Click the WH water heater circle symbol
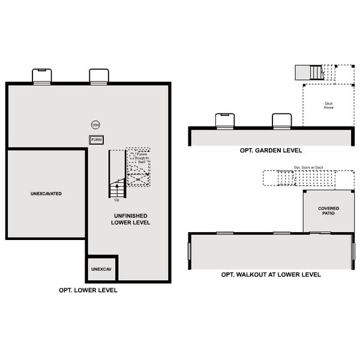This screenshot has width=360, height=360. click(95, 125)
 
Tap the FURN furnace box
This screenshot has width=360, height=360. click(97, 140)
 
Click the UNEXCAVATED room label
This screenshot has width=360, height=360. click(46, 194)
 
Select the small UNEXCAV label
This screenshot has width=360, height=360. click(101, 269)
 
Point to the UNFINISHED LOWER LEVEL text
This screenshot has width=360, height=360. click(130, 218)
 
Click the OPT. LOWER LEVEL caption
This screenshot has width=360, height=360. click(88, 290)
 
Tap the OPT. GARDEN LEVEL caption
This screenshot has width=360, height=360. click(270, 151)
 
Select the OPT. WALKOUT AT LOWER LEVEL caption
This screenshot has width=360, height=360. click(271, 274)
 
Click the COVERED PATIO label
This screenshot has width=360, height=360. click(328, 211)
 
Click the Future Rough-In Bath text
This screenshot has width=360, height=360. click(142, 158)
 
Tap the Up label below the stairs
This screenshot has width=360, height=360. click(117, 200)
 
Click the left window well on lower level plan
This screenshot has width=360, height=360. click(41, 76)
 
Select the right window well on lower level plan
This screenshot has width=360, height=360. click(98, 76)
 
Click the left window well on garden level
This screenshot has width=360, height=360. click(223, 120)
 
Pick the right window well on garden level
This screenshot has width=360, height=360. click(281, 120)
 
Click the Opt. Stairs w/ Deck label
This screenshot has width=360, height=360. click(308, 167)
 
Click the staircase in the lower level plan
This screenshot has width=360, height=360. click(116, 174)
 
